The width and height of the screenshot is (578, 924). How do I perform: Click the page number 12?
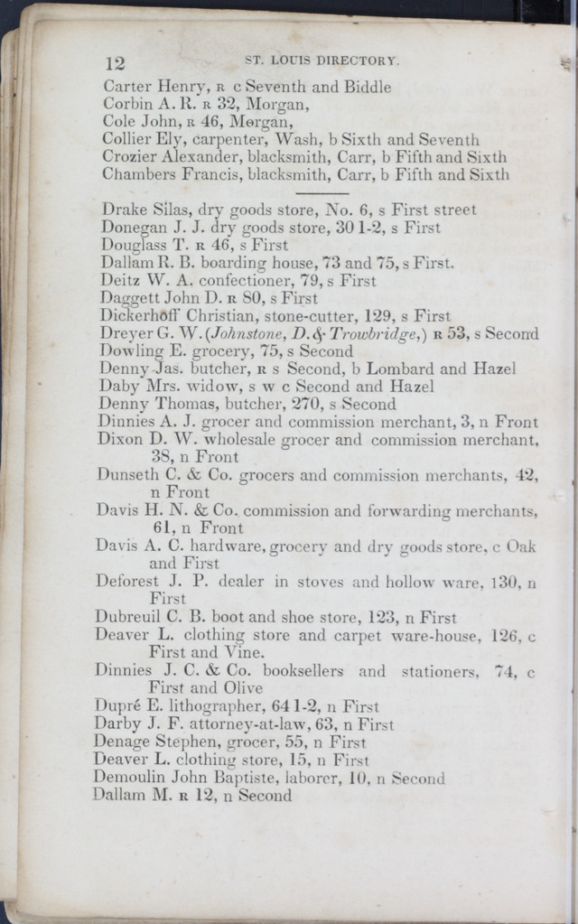tap(114, 63)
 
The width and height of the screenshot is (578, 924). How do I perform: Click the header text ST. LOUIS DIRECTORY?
tap(322, 61)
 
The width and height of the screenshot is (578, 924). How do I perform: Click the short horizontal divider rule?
tap(322, 192)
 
